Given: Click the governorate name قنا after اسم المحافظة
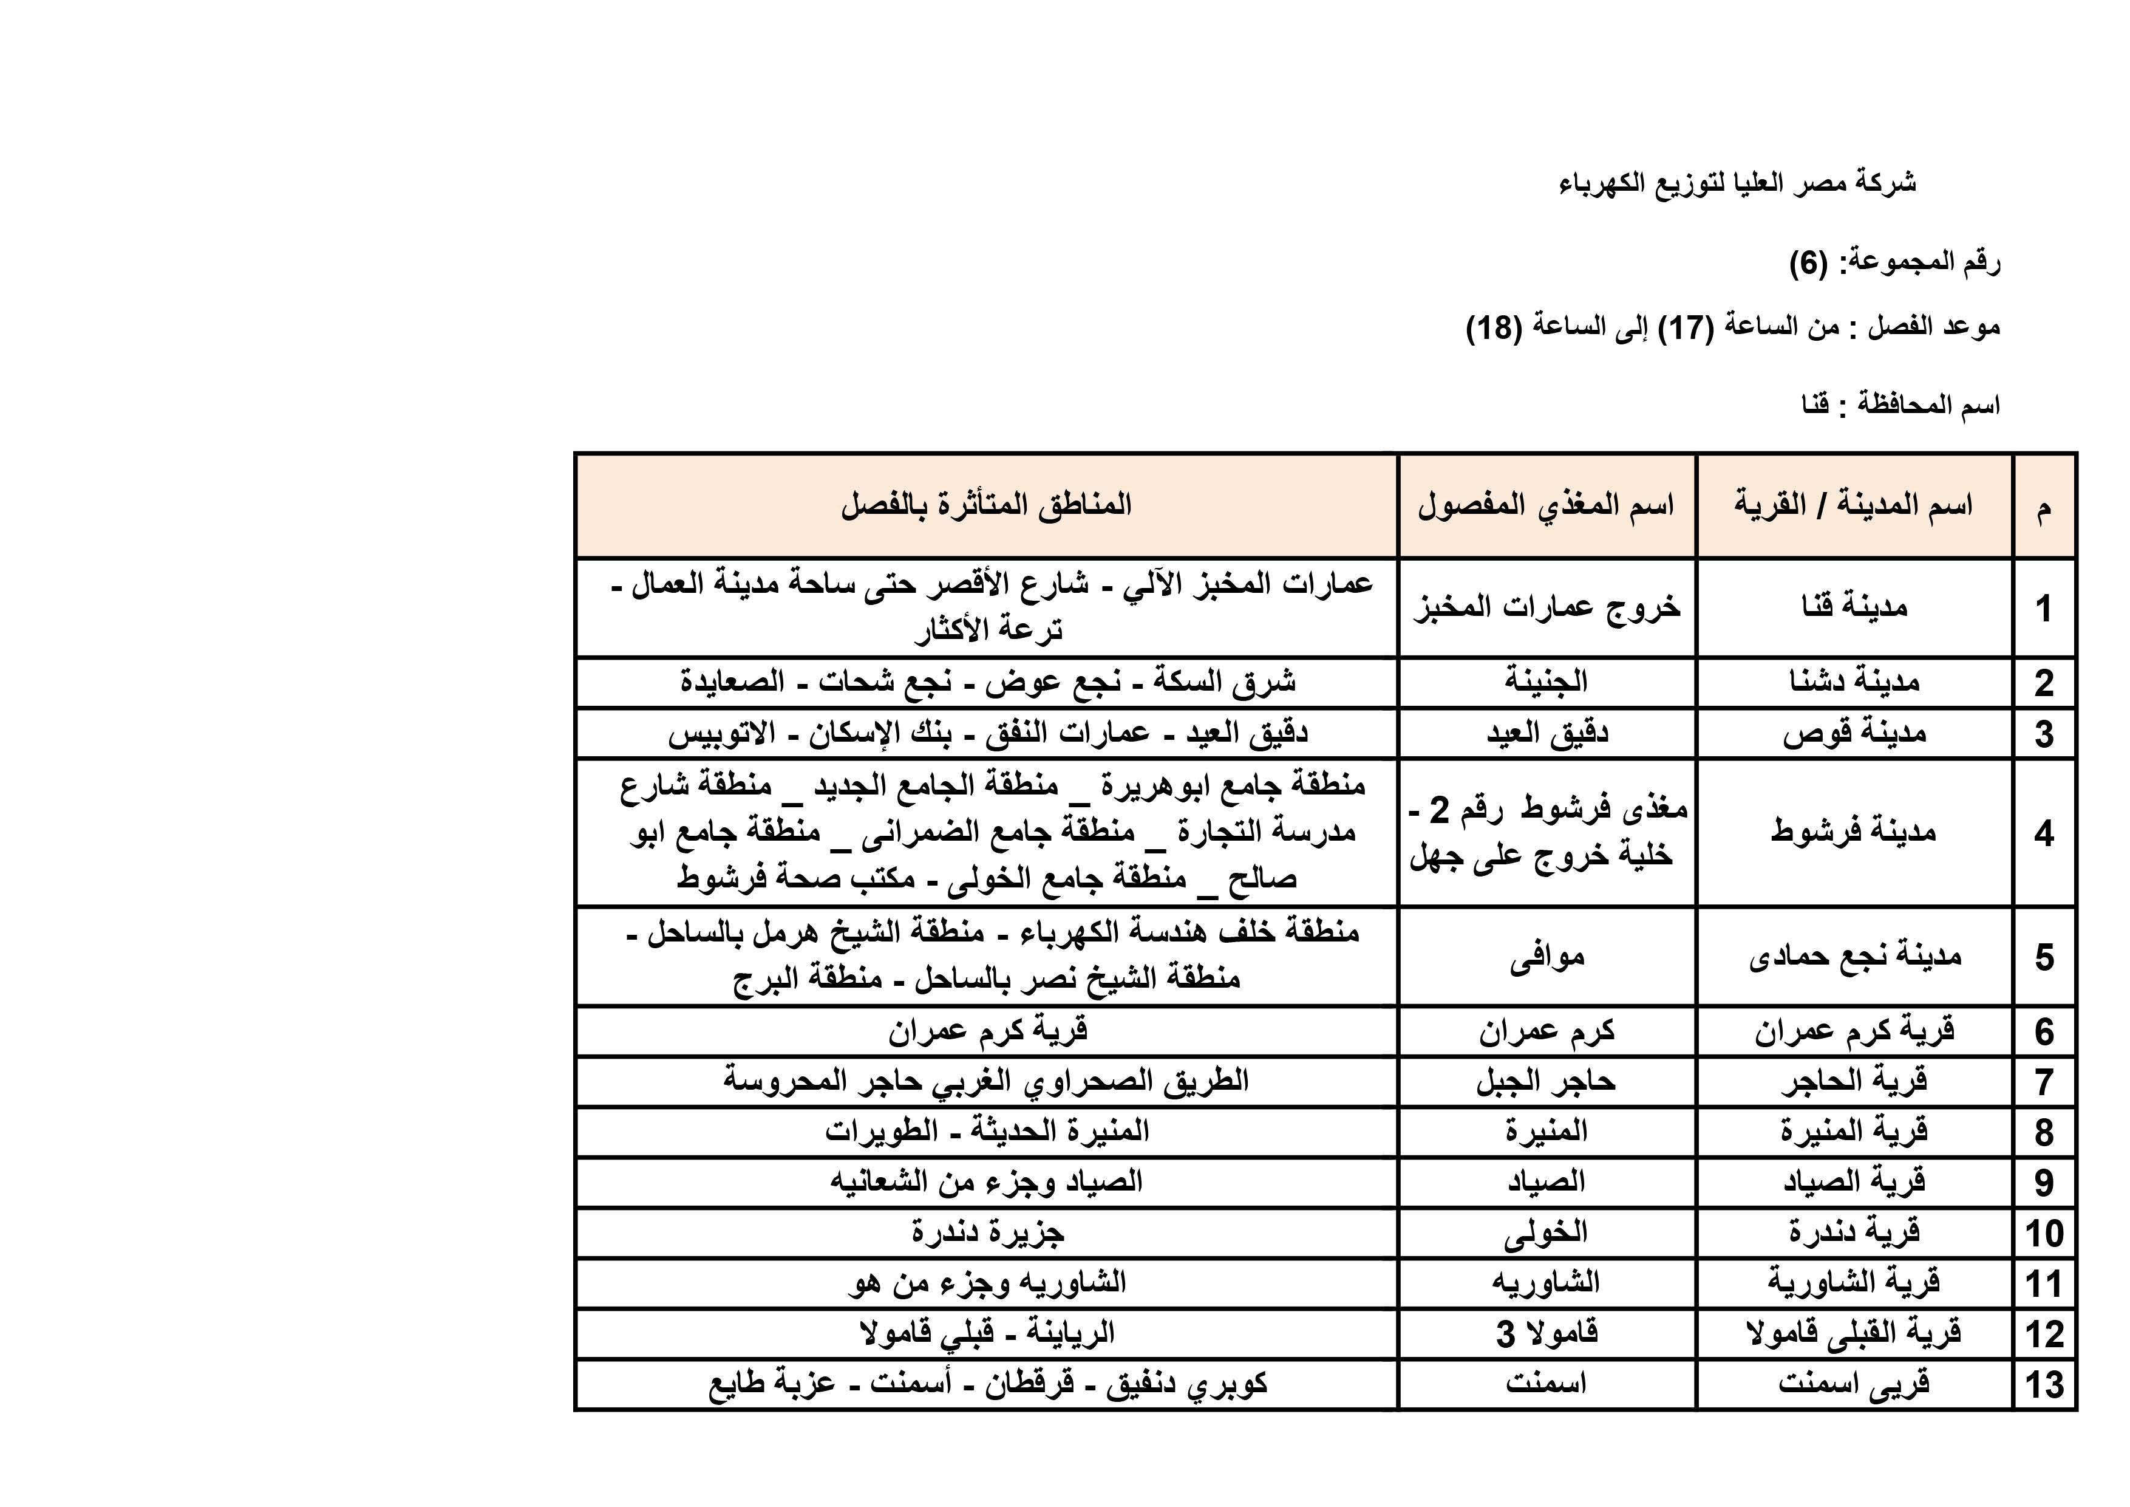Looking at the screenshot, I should (1815, 406).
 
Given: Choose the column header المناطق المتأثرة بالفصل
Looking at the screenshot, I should (986, 506).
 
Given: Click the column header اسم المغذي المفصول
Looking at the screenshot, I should (1546, 506).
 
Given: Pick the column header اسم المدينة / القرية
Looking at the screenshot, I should (1854, 506).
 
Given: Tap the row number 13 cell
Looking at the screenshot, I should (2044, 1384).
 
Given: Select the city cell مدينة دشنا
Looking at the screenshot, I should (1854, 682).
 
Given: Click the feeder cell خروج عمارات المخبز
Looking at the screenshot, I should (1546, 608).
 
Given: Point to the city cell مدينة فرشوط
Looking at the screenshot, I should (1854, 832).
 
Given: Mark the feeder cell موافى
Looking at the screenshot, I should (1546, 957).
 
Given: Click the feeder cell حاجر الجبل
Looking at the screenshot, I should (1546, 1081).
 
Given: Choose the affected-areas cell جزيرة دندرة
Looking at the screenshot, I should (986, 1232).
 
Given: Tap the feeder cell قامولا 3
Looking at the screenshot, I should (1546, 1333).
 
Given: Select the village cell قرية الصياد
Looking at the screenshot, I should (1854, 1182).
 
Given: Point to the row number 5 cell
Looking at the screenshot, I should (2044, 957).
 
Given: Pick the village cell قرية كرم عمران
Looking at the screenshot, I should (1854, 1031).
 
